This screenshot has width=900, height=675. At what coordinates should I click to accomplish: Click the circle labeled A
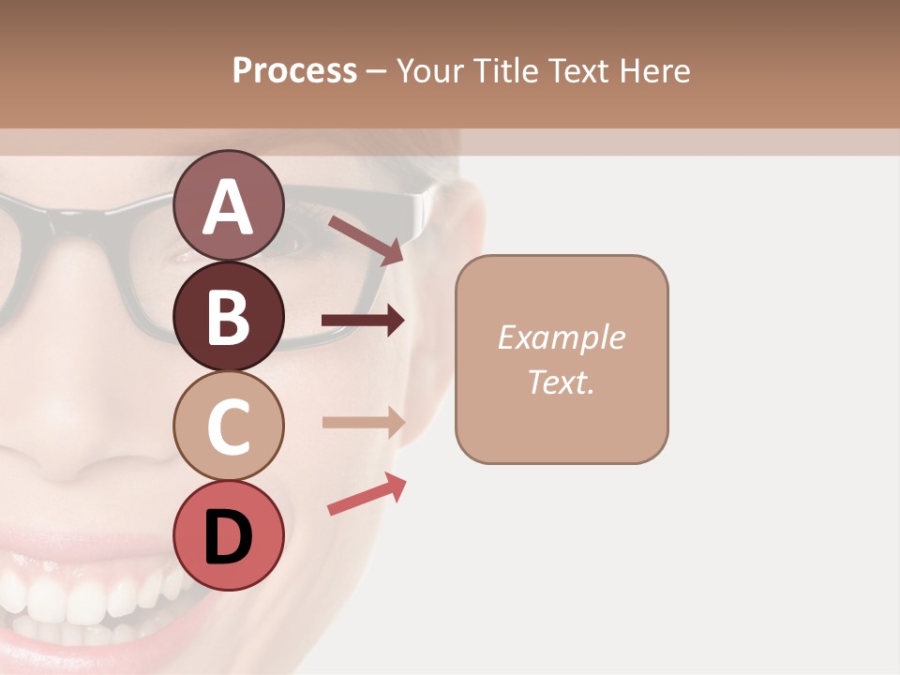pos(228,206)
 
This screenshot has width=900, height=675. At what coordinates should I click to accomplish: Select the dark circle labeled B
pos(228,316)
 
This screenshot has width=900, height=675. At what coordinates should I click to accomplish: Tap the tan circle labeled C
pos(228,426)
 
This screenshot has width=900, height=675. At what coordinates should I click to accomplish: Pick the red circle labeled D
pos(228,535)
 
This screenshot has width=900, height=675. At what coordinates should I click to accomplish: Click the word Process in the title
pos(294,70)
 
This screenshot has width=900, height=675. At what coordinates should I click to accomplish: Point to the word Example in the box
pos(561,337)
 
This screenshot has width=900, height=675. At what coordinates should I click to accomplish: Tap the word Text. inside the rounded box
pos(561,382)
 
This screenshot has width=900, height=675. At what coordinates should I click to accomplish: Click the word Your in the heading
pos(428,70)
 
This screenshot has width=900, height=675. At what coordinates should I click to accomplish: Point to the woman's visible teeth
pos(84,600)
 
